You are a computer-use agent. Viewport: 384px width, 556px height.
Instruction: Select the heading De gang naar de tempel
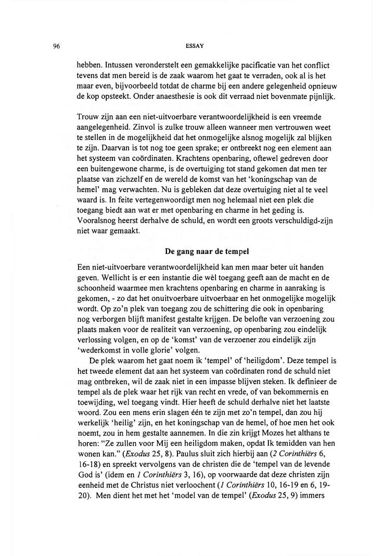(x=207, y=251)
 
